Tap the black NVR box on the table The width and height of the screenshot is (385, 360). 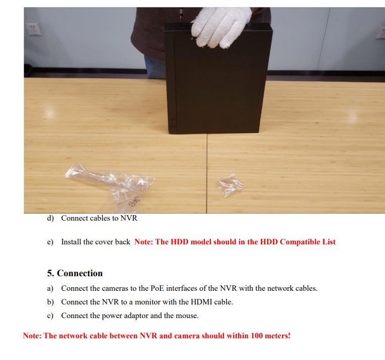pyautogui.click(x=218, y=79)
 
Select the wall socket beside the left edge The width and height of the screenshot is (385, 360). pyautogui.click(x=33, y=29)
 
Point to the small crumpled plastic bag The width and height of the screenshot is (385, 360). pyautogui.click(x=231, y=185)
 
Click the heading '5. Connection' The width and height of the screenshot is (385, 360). pyautogui.click(x=75, y=273)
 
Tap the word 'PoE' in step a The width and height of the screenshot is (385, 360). pyautogui.click(x=157, y=288)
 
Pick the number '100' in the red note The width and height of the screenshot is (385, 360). pyautogui.click(x=257, y=336)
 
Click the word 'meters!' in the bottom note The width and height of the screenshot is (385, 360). pyautogui.click(x=278, y=336)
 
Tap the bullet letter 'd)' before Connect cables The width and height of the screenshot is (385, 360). pyautogui.click(x=50, y=218)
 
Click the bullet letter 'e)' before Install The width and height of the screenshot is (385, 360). pyautogui.click(x=50, y=242)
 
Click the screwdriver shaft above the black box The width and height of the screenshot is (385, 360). pyautogui.click(x=181, y=15)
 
